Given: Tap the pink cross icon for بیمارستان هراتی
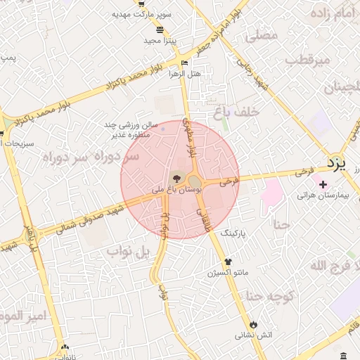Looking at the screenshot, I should pyautogui.click(x=323, y=185).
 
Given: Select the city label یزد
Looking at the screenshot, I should pyautogui.click(x=337, y=164).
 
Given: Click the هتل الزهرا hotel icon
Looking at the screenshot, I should pyautogui.click(x=185, y=63).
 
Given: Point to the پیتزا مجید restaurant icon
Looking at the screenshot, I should pyautogui.click(x=160, y=30).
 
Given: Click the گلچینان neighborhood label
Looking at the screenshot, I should pyautogui.click(x=341, y=89).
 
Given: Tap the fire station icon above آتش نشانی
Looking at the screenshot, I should pyautogui.click(x=253, y=324).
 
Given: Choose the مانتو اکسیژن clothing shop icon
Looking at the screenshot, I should pyautogui.click(x=227, y=262).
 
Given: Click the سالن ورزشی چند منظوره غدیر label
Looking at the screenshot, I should pyautogui.click(x=131, y=129).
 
